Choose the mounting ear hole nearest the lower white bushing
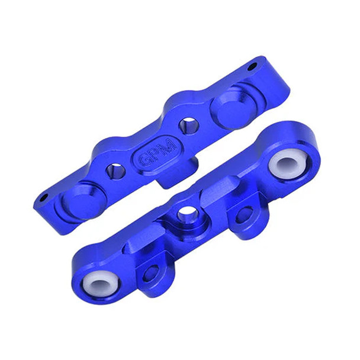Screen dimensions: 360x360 click(x=152, y=273)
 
